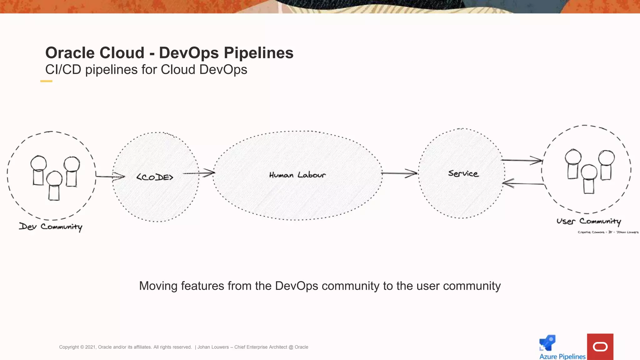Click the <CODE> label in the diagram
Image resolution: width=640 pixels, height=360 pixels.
(x=155, y=177)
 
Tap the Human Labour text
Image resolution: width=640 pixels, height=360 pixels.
(x=297, y=175)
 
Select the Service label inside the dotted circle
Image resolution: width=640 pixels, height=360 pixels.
(x=463, y=173)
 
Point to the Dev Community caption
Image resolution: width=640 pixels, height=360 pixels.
(x=51, y=227)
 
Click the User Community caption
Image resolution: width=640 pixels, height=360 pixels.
(x=588, y=221)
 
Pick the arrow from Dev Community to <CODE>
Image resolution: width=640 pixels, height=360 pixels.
(x=110, y=177)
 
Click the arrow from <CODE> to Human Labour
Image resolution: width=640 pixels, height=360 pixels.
(x=199, y=173)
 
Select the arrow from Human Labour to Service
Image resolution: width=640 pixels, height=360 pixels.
(x=399, y=173)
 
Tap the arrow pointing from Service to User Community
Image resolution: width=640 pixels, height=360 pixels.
(x=522, y=161)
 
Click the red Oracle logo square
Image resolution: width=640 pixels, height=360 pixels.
(x=600, y=347)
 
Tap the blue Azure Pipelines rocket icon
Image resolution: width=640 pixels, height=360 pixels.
(x=547, y=343)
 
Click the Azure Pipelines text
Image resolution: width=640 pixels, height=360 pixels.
(x=562, y=357)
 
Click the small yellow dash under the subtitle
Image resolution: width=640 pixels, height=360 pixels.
(x=46, y=81)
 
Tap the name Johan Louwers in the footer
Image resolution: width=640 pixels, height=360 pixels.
(x=213, y=347)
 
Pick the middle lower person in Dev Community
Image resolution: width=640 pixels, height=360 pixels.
(x=54, y=186)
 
